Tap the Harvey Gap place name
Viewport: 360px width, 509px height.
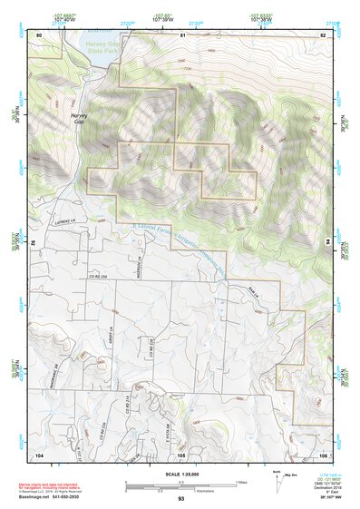(80, 120)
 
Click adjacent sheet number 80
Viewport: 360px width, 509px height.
(39, 34)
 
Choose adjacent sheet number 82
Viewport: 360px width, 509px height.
(322, 34)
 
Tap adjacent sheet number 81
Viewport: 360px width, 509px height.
(181, 34)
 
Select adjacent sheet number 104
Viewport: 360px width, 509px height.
(39, 454)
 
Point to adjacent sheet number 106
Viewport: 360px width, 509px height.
(322, 454)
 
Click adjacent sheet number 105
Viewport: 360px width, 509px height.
(181, 454)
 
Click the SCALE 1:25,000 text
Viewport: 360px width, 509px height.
(181, 474)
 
